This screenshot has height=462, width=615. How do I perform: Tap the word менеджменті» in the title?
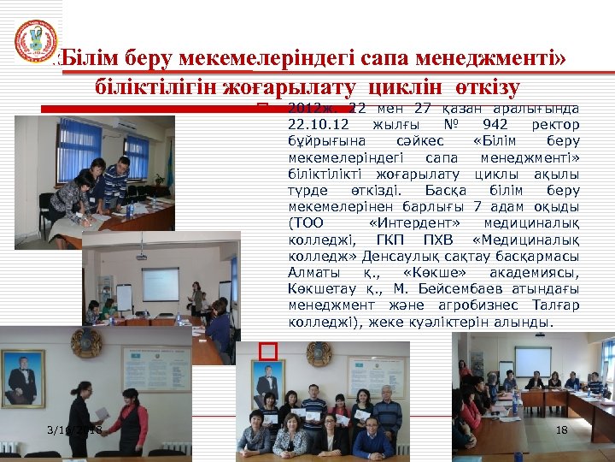click(x=499, y=59)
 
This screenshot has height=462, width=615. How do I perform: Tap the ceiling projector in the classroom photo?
click(x=141, y=255)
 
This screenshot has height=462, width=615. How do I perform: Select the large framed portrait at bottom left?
click(x=23, y=376)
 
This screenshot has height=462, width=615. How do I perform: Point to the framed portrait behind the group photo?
click(x=268, y=383)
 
